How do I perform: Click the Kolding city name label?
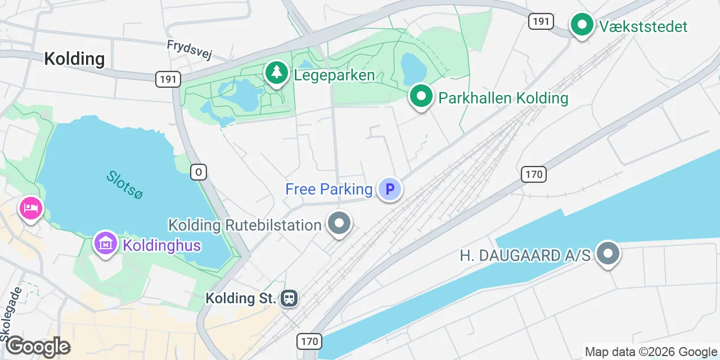coord(74,58)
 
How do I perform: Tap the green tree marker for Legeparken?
coord(276,73)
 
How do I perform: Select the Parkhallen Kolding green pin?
coord(421,97)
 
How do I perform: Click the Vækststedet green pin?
coord(582,25)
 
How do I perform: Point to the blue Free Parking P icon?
coord(389,189)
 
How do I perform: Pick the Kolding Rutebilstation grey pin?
coord(339,224)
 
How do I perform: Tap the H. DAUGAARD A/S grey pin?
coord(607,254)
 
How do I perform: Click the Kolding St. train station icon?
coord(289,298)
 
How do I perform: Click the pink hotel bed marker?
coord(31,208)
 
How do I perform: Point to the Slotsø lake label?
coord(125,184)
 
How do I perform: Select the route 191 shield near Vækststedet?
coord(541,21)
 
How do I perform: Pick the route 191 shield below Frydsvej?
coord(168,79)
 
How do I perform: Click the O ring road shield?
coord(199,172)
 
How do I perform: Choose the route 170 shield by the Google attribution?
coord(309,341)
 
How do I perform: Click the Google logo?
coord(38,346)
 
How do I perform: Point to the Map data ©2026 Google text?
coord(651,352)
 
